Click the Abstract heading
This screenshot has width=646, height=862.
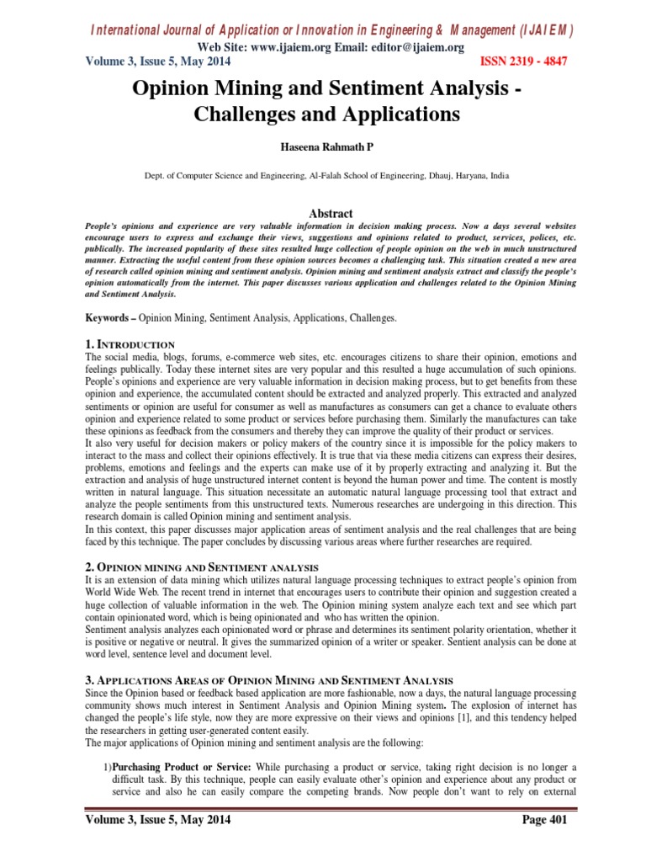coord(322,214)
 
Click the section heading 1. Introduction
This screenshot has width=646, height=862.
coord(130,344)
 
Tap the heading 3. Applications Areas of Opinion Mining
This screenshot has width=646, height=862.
coord(269,679)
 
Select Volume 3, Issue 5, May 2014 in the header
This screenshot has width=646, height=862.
coord(157,61)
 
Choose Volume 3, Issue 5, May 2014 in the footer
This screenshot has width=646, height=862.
coord(157,820)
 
